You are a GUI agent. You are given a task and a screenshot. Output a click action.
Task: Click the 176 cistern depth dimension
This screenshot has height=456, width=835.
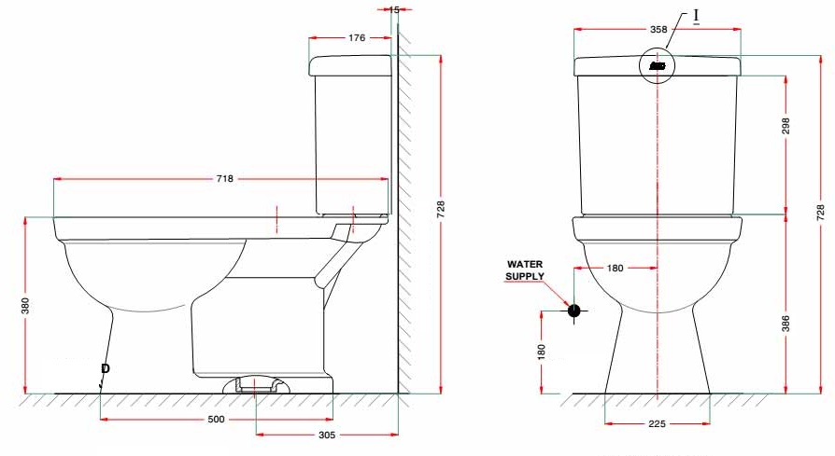tap(357, 38)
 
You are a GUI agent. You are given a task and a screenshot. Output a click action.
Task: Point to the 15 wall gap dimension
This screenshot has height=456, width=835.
tap(394, 9)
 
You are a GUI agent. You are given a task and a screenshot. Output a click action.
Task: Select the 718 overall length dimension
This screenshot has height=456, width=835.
tap(224, 178)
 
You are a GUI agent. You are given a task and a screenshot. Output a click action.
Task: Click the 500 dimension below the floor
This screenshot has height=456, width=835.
tap(216, 420)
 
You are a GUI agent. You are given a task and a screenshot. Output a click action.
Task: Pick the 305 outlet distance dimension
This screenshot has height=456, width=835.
tap(327, 435)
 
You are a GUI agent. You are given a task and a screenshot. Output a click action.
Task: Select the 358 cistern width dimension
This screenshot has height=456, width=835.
tap(658, 30)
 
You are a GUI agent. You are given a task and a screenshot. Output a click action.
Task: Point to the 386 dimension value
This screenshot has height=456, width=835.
tap(785, 324)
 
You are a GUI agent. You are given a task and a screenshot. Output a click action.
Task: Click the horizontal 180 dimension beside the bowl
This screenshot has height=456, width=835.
tap(615, 269)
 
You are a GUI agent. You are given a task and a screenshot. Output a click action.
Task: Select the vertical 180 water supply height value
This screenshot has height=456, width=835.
tap(541, 352)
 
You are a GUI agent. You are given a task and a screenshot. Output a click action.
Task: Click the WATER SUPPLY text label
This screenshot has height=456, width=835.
tap(524, 270)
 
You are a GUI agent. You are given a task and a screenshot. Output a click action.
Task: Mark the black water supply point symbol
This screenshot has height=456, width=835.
tap(574, 311)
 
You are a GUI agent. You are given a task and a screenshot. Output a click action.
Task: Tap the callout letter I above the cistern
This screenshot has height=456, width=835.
tap(696, 17)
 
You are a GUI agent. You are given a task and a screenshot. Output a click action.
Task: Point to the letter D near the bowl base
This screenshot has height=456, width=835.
tap(106, 369)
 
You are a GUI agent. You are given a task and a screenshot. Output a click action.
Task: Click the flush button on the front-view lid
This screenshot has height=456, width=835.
tap(658, 66)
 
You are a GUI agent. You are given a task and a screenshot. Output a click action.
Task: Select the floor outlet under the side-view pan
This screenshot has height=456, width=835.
tap(255, 383)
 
